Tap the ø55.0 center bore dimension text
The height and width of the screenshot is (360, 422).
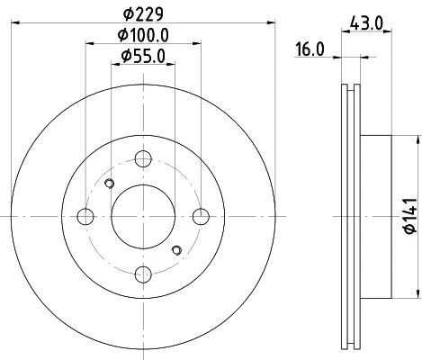[x=144, y=57]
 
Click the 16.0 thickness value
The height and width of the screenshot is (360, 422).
[x=310, y=51]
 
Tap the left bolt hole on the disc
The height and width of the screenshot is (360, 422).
[x=86, y=216]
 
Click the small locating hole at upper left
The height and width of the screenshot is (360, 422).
[x=109, y=185]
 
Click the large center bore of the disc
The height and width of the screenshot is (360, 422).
[x=143, y=216]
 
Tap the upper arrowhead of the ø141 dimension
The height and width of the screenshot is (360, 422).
[x=418, y=139]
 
